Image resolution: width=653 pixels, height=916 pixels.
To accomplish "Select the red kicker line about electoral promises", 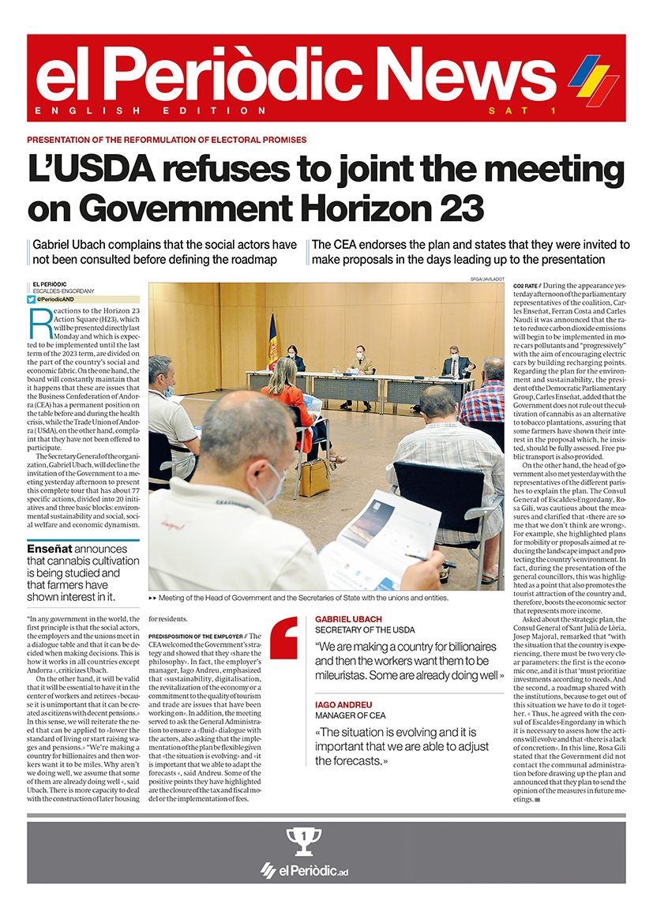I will click(167, 140).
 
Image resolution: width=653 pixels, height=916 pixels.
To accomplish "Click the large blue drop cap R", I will click(39, 322).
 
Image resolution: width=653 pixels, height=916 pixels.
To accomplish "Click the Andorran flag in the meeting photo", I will click(273, 341).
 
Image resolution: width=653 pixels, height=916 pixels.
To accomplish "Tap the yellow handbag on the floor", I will click(313, 477).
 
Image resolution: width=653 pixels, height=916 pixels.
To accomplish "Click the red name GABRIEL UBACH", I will click(348, 619).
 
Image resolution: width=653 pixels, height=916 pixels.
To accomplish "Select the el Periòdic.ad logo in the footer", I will click(304, 871).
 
